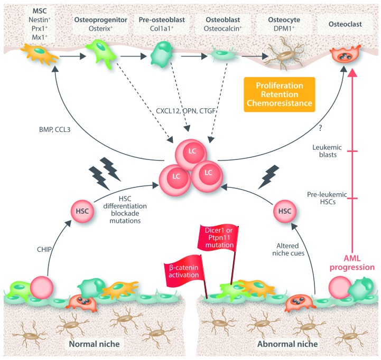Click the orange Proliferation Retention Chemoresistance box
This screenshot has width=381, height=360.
(280, 94)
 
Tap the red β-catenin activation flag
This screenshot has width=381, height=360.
(184, 271)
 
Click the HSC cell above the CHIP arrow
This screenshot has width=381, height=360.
(82, 211)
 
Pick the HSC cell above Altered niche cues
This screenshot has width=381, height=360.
(284, 211)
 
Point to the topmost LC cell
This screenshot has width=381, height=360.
(191, 154)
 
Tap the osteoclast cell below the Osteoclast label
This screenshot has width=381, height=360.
(345, 55)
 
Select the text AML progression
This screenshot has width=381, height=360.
(352, 263)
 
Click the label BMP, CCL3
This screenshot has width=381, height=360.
(54, 130)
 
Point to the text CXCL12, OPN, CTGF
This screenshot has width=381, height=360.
(185, 111)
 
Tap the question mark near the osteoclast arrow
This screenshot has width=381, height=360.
(321, 128)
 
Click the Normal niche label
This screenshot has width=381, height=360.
(94, 344)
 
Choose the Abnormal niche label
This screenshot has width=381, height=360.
(287, 344)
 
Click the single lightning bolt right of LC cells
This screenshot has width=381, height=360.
(268, 176)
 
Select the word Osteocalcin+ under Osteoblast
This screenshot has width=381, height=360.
(222, 29)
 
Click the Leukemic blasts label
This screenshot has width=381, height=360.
(327, 151)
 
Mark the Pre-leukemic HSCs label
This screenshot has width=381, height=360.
(327, 198)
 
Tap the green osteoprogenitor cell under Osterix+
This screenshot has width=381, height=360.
(100, 53)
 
